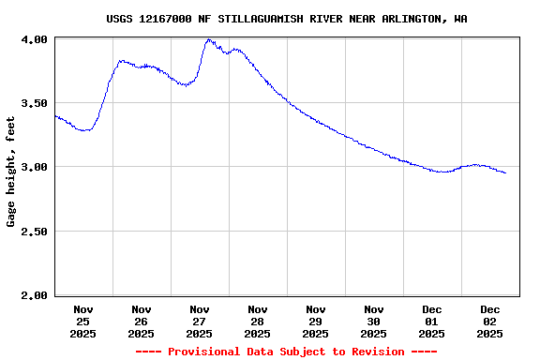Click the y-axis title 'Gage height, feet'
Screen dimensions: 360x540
(11, 172)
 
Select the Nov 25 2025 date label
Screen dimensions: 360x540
(83, 321)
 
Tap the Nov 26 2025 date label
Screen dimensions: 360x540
(142, 321)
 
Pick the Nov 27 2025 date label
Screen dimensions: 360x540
(200, 321)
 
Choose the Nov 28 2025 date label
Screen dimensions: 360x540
(258, 321)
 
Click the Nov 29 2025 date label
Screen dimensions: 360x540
(316, 321)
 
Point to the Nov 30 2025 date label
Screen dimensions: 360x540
(374, 321)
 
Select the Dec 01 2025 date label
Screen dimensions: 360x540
(432, 321)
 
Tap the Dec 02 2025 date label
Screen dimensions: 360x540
(490, 321)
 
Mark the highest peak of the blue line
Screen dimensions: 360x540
(208, 40)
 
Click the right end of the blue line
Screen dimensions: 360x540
(505, 172)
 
